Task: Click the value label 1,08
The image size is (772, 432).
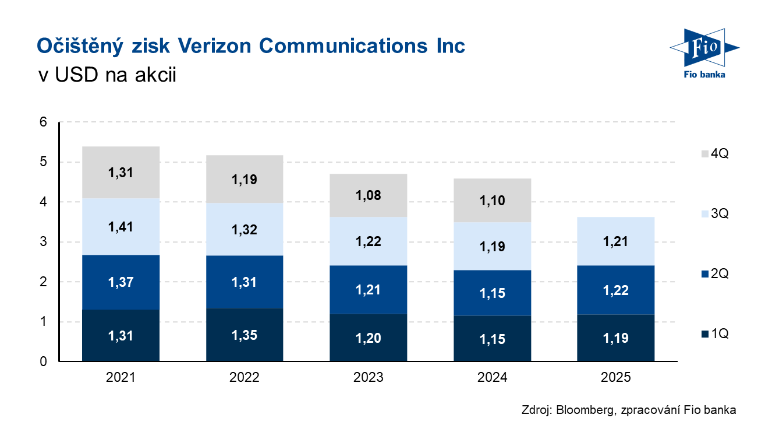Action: click(368, 195)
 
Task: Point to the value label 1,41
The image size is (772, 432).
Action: click(121, 226)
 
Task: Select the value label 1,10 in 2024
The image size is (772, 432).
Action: click(492, 201)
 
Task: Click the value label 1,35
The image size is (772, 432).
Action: click(245, 335)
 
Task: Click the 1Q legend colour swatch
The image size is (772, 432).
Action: click(705, 334)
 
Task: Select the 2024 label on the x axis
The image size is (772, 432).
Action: click(492, 378)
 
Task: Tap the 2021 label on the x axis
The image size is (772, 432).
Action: click(121, 378)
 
